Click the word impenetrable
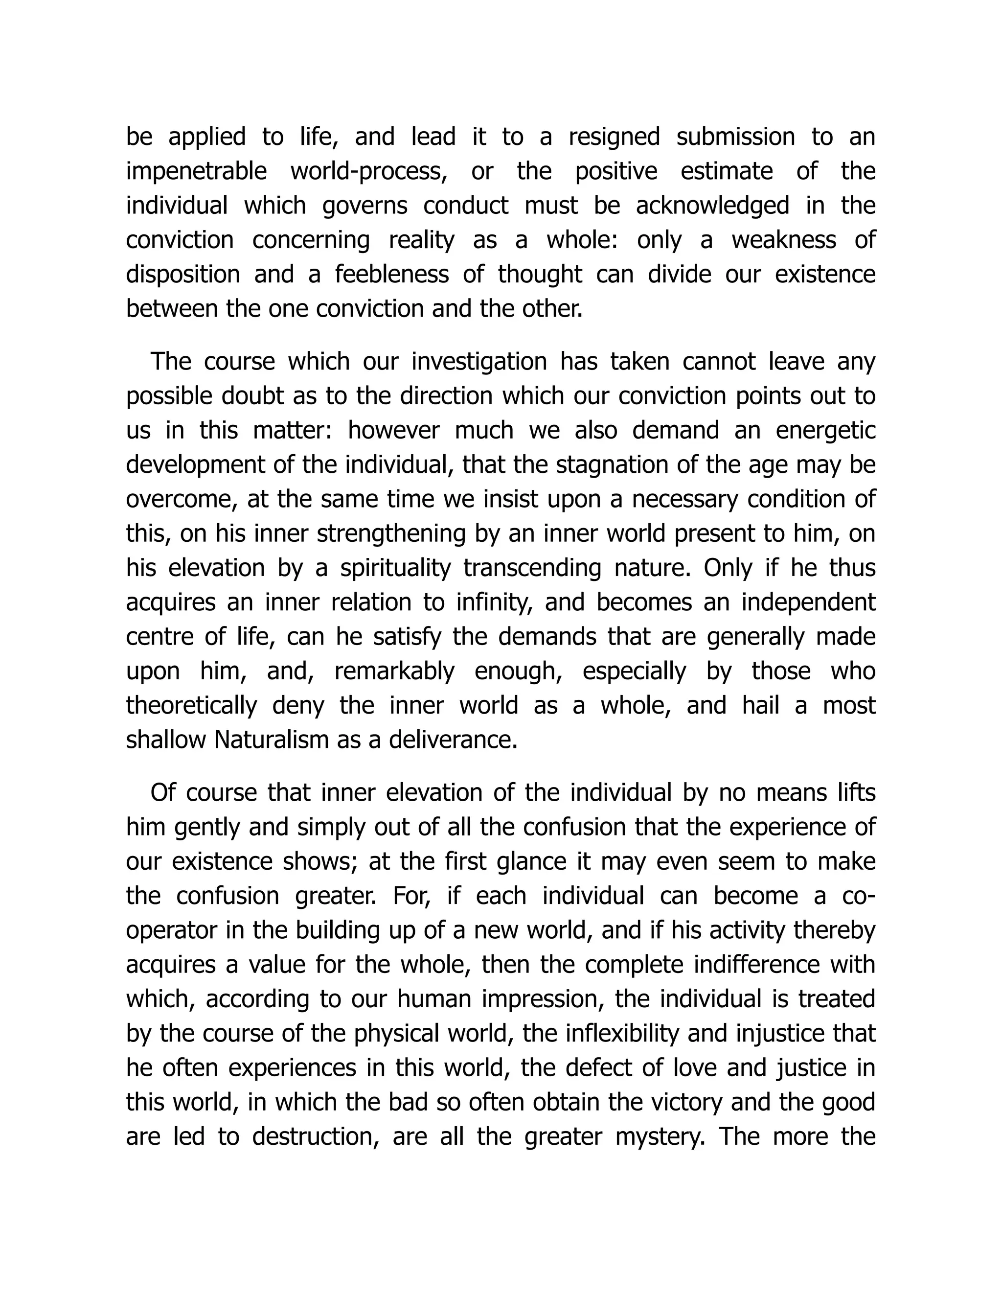pos(197,172)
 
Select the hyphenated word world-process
pos(368,172)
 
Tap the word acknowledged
pos(712,206)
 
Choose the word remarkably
pos(395,672)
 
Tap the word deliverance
pos(454,741)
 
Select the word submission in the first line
pos(735,137)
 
